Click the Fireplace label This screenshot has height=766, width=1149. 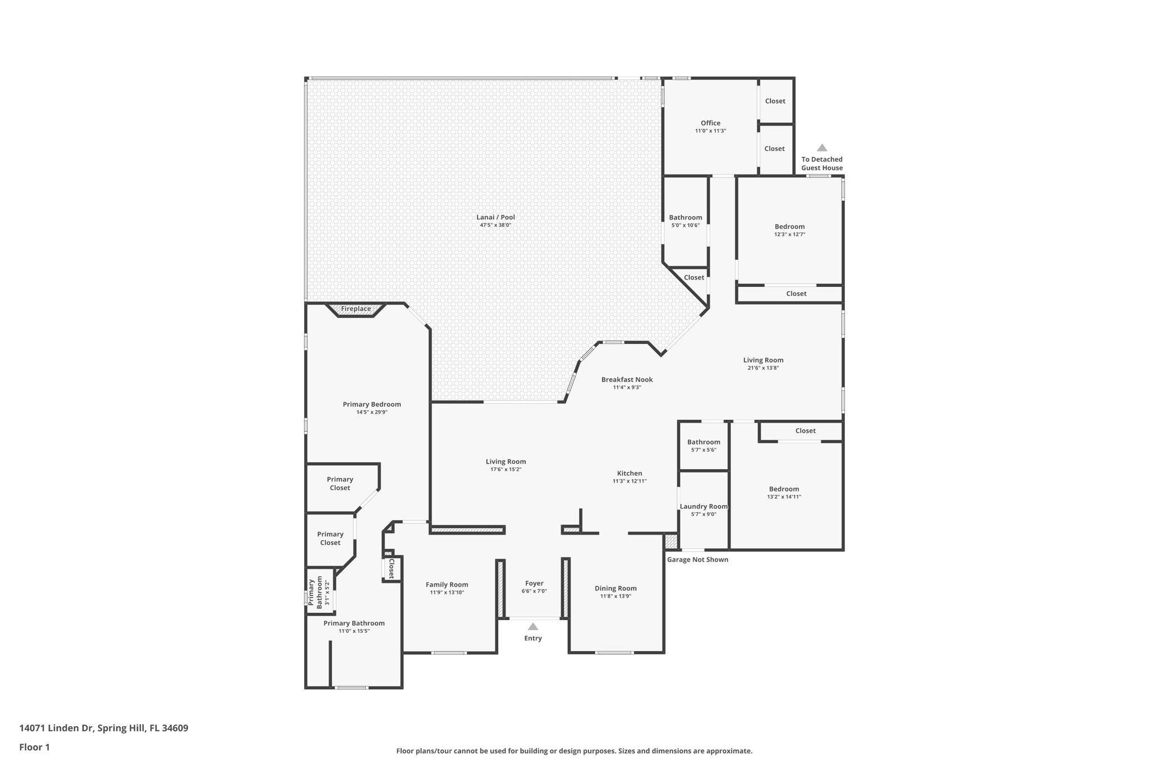356,309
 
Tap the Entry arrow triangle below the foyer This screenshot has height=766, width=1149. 533,627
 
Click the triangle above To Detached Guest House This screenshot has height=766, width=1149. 821,148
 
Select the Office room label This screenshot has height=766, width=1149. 710,123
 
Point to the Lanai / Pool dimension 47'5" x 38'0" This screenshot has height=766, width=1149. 495,225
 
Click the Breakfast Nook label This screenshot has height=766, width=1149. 627,379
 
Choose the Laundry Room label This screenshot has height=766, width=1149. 704,506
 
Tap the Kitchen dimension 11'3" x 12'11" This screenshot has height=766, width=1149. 629,481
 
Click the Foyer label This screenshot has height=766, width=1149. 534,583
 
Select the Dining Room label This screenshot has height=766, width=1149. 615,588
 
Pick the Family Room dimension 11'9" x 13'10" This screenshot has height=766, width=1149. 447,593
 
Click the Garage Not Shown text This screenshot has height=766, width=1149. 697,559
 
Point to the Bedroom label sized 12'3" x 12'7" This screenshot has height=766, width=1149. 789,227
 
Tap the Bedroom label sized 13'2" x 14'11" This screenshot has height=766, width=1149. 784,489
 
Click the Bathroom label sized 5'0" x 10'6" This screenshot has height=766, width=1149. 685,217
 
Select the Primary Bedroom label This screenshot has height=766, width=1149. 371,404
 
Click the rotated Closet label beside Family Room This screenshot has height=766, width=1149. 392,568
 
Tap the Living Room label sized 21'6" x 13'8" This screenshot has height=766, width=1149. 763,360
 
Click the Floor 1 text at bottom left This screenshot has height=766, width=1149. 34,747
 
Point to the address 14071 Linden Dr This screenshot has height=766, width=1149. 104,728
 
